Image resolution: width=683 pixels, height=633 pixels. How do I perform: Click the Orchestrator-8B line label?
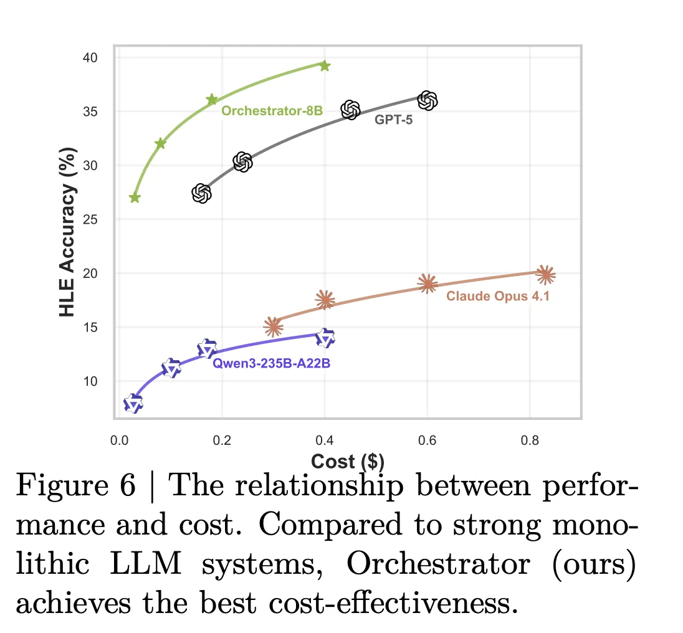click(272, 112)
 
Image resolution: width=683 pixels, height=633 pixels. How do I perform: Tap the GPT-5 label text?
click(393, 120)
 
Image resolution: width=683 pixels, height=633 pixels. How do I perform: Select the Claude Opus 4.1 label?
click(498, 296)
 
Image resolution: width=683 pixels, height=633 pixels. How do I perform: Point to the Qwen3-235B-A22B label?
click(272, 363)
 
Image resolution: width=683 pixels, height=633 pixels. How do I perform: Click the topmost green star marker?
click(325, 65)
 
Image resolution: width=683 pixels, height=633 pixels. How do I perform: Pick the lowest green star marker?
click(135, 198)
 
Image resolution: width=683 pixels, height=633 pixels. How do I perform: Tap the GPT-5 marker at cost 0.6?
click(427, 100)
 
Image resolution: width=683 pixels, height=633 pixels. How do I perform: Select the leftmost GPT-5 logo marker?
click(201, 194)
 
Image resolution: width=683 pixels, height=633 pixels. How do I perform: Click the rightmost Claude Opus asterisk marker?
click(545, 274)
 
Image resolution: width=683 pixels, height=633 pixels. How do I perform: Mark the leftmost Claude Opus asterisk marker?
click(273, 326)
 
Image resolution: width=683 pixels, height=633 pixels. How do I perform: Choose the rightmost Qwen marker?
click(325, 338)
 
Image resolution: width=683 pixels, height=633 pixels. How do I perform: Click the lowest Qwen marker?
click(133, 404)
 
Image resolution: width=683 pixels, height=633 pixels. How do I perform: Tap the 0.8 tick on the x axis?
click(530, 441)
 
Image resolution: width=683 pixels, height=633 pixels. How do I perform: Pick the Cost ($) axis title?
click(348, 461)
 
